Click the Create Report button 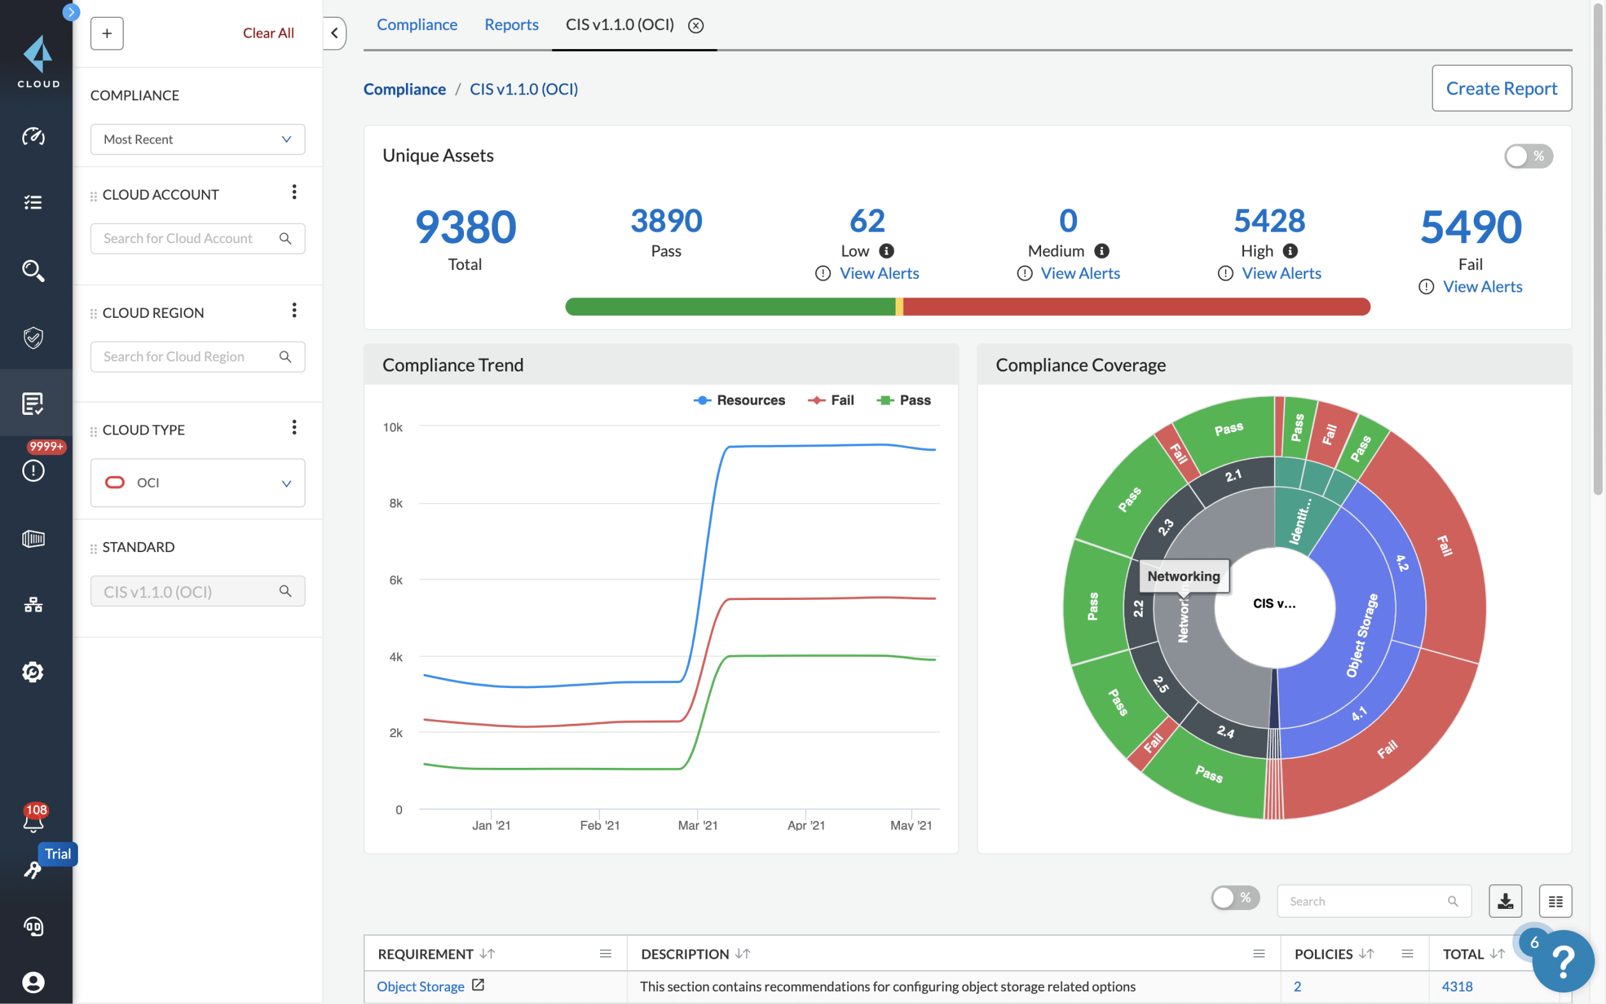tap(1501, 88)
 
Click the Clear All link tap(267, 33)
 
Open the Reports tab tap(511, 24)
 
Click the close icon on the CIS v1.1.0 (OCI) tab tap(695, 26)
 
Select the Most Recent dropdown tap(197, 139)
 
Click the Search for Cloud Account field tap(186, 238)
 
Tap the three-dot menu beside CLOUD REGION tap(294, 311)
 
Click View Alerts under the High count tap(1280, 274)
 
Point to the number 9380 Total tap(465, 227)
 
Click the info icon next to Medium tap(1102, 251)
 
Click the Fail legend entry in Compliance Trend tap(831, 400)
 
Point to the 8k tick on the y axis tap(396, 504)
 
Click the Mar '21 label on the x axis tap(697, 825)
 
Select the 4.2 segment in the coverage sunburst tap(1402, 563)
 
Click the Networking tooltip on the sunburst tap(1183, 576)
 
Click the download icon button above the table tap(1505, 901)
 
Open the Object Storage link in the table tap(420, 987)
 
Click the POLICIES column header tap(1323, 954)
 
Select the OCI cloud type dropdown tap(197, 483)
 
